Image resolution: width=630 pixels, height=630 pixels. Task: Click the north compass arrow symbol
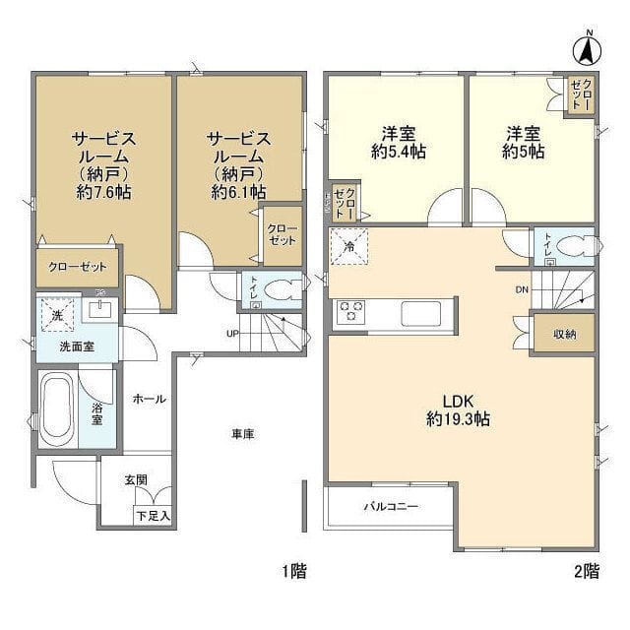[x=588, y=46]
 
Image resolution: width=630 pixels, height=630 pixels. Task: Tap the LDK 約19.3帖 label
[x=458, y=409]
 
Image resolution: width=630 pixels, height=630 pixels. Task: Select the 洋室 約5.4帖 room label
[x=399, y=143]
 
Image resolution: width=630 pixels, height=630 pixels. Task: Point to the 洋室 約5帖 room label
[x=523, y=143]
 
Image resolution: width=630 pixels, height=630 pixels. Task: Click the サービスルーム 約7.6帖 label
[x=103, y=165]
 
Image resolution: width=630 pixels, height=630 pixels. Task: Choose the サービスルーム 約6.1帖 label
[x=237, y=165]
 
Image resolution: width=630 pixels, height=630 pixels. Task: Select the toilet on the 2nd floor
[x=566, y=246]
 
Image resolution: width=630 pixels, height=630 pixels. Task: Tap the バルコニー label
[x=391, y=508]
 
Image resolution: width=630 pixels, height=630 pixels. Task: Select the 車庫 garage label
[x=243, y=434]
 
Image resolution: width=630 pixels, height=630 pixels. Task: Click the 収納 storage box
[x=564, y=335]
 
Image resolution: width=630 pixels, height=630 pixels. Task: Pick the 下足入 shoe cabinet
[x=154, y=514]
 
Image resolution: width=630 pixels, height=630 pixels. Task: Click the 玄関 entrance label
[x=136, y=480]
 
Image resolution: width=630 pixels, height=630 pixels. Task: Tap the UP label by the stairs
[x=232, y=332]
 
